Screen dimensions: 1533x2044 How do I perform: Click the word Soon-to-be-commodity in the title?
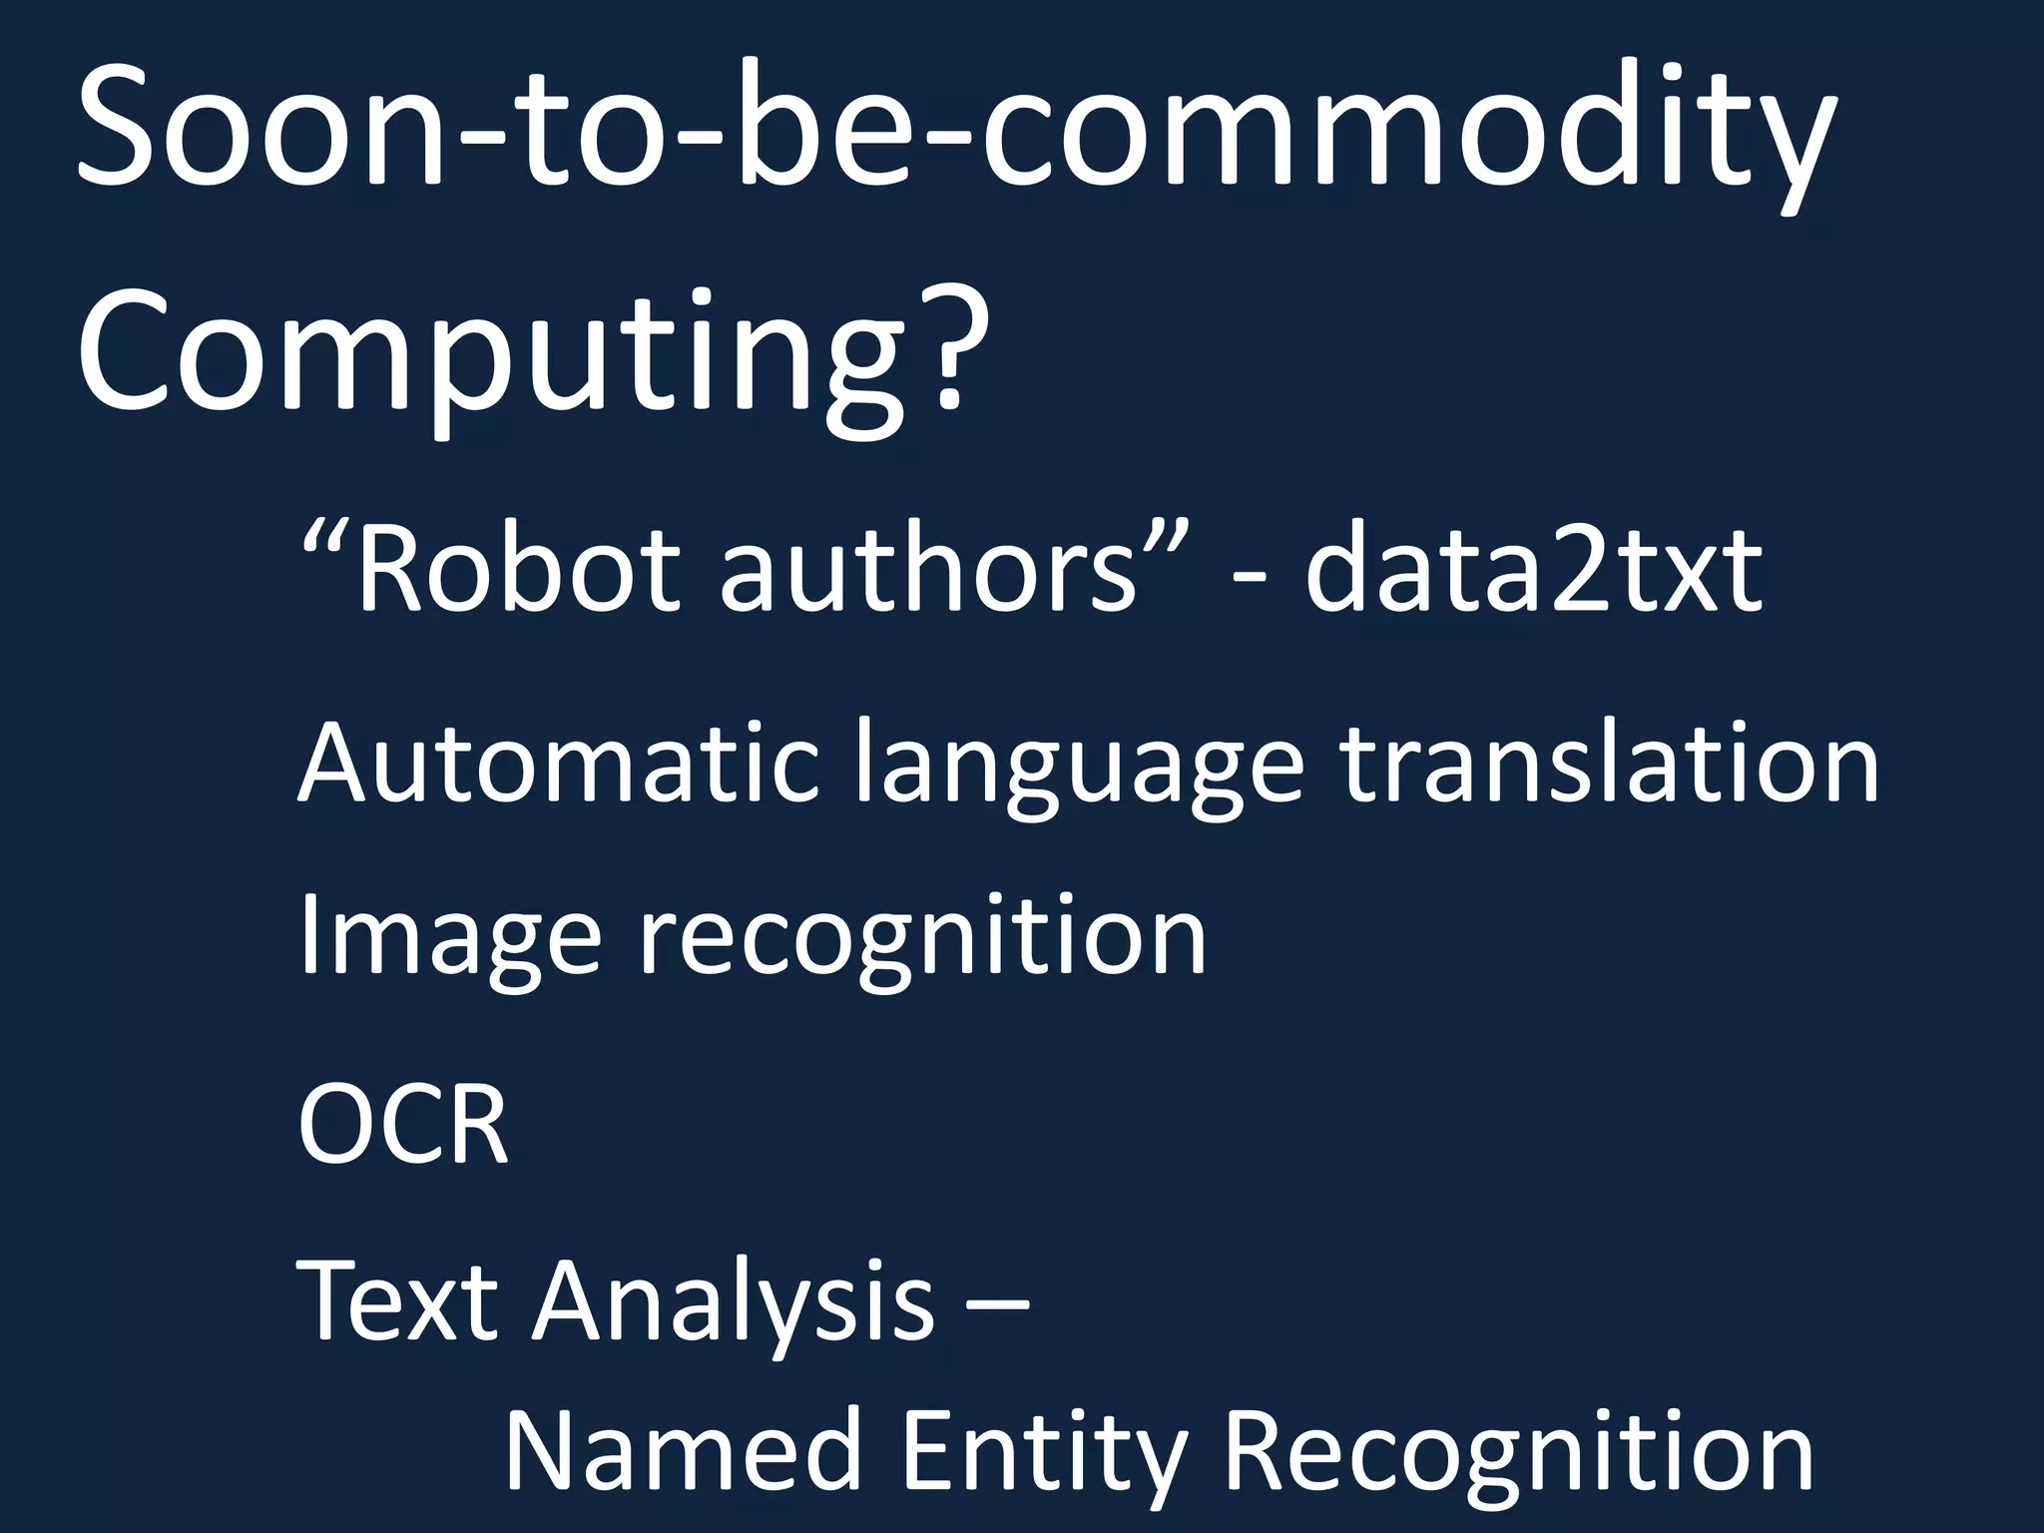(x=953, y=130)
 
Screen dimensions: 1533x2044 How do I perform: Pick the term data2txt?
(x=1533, y=571)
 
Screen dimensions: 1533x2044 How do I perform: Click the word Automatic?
(x=558, y=764)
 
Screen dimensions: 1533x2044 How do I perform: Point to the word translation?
(x=1608, y=764)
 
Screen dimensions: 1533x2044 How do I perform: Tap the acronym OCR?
(x=403, y=1125)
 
